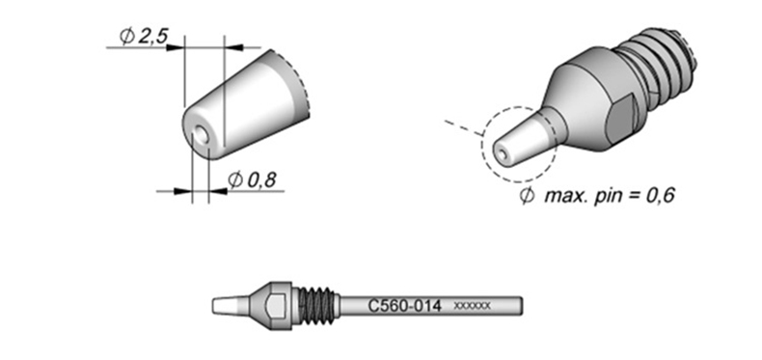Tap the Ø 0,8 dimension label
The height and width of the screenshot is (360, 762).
pos(252,180)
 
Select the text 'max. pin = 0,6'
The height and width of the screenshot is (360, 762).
pos(610,196)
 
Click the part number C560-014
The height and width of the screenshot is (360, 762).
pos(404,307)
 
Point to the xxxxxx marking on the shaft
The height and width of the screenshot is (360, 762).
pos(472,306)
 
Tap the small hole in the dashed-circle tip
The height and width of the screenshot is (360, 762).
pos(503,154)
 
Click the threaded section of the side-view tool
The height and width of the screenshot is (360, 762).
pos(316,307)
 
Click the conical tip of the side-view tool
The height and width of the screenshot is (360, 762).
pos(231,306)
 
